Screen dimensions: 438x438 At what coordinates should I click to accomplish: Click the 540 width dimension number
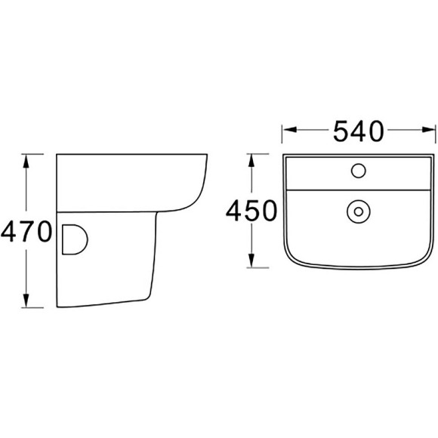coord(359,131)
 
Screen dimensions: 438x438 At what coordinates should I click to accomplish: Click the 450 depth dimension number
coord(251,211)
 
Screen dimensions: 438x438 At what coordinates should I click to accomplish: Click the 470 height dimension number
coord(26,231)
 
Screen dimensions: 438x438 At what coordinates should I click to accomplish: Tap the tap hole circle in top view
coord(359,171)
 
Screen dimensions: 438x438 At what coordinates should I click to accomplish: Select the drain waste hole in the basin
coord(359,211)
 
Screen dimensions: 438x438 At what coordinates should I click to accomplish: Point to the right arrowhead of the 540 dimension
coord(428,130)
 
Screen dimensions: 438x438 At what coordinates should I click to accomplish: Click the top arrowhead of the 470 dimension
coord(26,161)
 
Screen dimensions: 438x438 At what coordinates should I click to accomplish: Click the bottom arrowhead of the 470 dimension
coord(26,301)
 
